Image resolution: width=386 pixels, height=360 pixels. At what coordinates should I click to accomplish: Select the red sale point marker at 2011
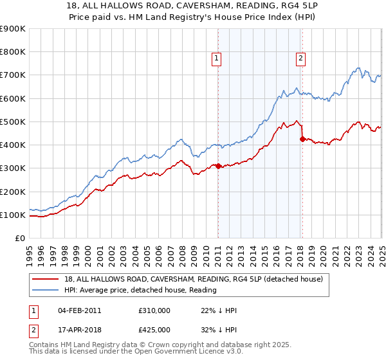coord(218,166)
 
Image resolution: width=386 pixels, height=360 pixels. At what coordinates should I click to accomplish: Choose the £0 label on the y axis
coord(19,238)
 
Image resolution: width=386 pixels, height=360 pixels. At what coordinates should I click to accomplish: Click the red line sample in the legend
coord(46,278)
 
